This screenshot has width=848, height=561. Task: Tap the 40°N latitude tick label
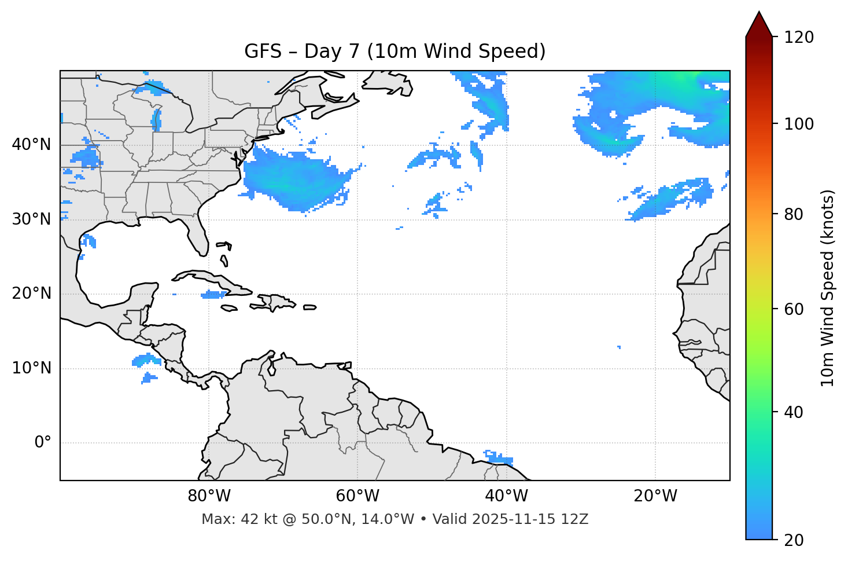[31, 145]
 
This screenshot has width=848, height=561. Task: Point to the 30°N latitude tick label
[31, 219]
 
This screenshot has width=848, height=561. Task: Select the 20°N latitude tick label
[31, 294]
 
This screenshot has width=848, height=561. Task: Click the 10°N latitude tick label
[31, 368]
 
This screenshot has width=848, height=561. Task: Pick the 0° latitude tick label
[43, 443]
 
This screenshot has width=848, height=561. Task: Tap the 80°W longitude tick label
[209, 496]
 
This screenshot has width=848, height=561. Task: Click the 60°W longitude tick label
[357, 496]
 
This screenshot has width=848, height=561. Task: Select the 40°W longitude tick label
[506, 496]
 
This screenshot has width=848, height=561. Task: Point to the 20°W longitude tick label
[655, 496]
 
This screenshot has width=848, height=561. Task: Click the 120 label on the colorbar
[799, 38]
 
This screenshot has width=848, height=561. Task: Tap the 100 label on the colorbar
[799, 124]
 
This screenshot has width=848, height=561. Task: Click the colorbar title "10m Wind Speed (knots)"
[828, 288]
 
